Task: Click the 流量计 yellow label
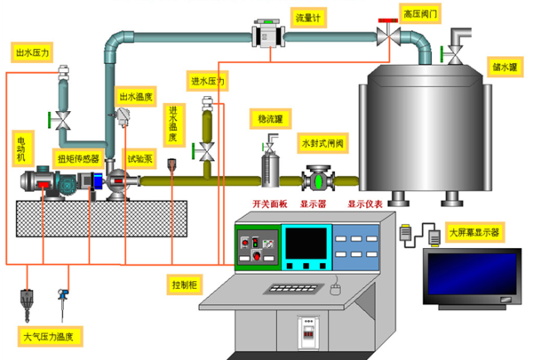[308, 18]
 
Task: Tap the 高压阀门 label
[420, 13]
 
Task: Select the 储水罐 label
[505, 67]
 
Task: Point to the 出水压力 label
[32, 52]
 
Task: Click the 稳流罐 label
[270, 119]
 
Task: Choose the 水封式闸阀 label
[322, 143]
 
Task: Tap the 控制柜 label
[185, 284]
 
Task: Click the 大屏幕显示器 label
[474, 232]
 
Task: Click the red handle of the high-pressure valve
[388, 20]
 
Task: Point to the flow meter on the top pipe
[268, 34]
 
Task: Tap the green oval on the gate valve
[319, 180]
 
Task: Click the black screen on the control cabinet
[306, 244]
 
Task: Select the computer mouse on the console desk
[335, 290]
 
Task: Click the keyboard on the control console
[292, 289]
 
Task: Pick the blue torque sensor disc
[98, 181]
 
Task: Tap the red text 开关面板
[270, 204]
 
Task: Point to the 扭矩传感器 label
[78, 158]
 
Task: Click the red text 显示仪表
[365, 204]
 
